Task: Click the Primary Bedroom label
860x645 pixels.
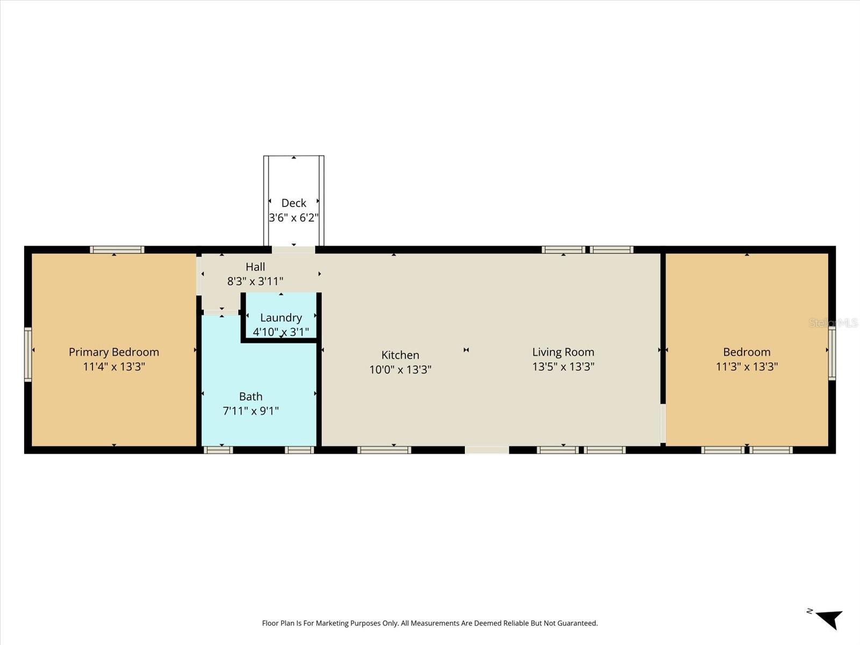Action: point(114,352)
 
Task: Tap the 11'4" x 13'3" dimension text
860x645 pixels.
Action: point(114,367)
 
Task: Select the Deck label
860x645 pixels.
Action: point(293,203)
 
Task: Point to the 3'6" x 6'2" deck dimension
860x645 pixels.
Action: point(293,218)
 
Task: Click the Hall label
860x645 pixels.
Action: point(255,267)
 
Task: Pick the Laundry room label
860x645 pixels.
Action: point(281,318)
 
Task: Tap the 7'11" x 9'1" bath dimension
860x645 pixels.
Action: point(250,411)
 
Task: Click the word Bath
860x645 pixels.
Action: point(250,397)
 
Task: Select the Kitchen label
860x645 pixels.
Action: point(400,355)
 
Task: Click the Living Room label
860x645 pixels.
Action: point(563,352)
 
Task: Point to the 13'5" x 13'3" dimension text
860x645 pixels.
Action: point(563,367)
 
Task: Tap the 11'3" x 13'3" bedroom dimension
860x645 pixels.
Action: point(747,367)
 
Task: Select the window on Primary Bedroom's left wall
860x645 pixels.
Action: point(28,355)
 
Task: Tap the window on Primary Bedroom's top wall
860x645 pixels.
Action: point(117,249)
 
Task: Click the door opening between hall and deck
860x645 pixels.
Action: point(293,249)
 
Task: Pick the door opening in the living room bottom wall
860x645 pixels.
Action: point(486,450)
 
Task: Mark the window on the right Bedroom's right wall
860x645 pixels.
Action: point(832,353)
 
